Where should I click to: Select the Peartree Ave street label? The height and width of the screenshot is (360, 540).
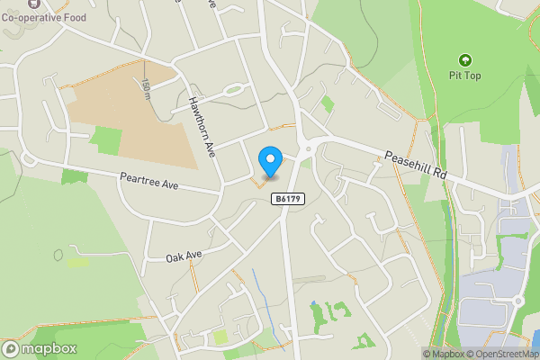[x=149, y=184]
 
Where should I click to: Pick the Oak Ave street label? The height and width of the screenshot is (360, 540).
[x=184, y=256]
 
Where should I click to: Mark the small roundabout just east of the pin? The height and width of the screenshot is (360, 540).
[x=308, y=149]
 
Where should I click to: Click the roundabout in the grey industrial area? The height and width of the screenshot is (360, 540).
[x=518, y=301]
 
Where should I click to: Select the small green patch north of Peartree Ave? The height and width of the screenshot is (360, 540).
[x=107, y=140]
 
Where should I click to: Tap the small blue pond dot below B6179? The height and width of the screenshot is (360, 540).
[x=312, y=303]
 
